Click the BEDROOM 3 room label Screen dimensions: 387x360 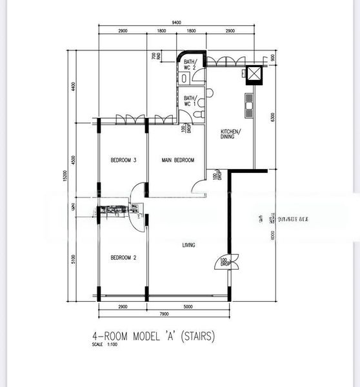pos(123,161)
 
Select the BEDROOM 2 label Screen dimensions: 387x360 pos(123,258)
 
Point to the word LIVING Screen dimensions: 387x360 pos(188,244)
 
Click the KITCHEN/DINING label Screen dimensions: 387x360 pos(231,134)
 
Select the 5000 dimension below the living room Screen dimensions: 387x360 pos(188,306)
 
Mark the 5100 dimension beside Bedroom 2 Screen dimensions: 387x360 pos(74,259)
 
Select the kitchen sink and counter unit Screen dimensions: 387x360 pos(248,106)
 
